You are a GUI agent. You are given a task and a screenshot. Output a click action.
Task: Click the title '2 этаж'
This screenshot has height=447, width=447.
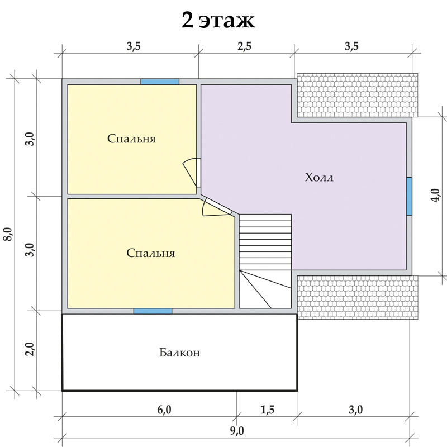click(x=218, y=20)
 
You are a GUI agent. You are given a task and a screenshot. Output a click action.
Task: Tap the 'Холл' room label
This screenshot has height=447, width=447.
click(x=319, y=177)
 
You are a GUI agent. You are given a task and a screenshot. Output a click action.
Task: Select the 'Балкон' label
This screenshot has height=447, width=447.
click(x=179, y=353)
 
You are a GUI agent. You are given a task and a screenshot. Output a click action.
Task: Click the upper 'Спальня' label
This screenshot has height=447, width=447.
click(x=131, y=139)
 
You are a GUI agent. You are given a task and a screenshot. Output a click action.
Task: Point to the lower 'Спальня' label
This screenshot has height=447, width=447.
click(x=150, y=253)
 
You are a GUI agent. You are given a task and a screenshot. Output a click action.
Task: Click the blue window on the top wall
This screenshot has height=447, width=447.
click(x=160, y=82)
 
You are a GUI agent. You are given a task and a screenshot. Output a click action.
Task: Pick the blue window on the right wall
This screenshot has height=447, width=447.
click(x=409, y=197)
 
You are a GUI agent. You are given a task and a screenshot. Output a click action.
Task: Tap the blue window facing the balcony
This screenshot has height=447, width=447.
click(x=153, y=311)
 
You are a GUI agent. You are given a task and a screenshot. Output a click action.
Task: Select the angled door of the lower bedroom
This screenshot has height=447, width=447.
click(x=217, y=206)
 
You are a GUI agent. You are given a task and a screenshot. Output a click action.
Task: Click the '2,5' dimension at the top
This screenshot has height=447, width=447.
click(x=245, y=46)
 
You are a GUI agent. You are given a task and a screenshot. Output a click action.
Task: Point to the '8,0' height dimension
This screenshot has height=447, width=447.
click(x=8, y=234)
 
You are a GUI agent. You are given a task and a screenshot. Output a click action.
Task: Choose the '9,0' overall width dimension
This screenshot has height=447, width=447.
click(x=237, y=431)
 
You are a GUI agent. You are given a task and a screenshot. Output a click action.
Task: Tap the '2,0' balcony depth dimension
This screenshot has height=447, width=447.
click(x=30, y=349)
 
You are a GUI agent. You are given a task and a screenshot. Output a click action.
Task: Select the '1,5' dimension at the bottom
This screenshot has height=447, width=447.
click(x=268, y=410)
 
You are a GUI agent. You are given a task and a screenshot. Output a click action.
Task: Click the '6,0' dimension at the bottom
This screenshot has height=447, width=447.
click(x=164, y=410)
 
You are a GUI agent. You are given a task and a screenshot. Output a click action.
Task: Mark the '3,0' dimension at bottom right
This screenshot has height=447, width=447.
click(x=356, y=410)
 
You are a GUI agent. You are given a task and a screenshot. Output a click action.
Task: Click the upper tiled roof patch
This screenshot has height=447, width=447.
click(x=358, y=95)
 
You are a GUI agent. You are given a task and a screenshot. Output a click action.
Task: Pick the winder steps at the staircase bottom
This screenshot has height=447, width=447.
click(x=265, y=289)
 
